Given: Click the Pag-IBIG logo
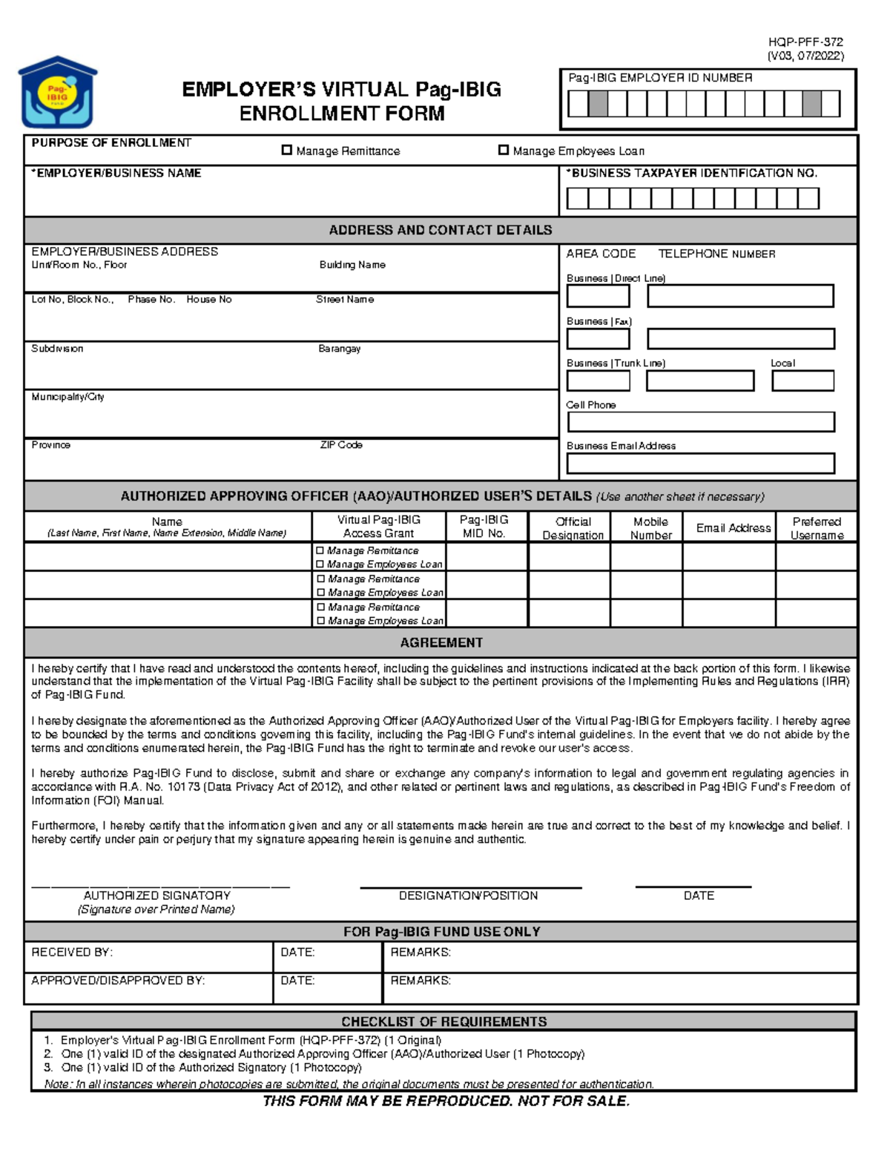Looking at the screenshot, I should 58,93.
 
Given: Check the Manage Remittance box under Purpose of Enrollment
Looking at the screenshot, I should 287,151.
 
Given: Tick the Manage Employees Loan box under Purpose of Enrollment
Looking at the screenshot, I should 504,151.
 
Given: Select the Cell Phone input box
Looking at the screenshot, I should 701,422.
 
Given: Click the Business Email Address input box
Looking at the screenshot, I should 701,464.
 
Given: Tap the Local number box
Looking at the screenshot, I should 802,381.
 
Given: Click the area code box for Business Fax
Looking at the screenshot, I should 598,339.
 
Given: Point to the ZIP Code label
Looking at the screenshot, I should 341,445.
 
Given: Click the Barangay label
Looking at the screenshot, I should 340,349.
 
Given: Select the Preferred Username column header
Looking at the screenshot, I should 817,528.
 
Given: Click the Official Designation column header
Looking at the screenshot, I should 573,528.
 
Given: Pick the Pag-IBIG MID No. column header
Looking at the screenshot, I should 484,527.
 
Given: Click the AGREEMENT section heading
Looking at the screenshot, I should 441,642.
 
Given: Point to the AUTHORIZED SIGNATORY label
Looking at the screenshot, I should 156,895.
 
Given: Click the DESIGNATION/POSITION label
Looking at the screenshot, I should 468,895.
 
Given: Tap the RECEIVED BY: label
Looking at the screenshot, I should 72,952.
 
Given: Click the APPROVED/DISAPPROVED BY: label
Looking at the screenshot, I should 118,980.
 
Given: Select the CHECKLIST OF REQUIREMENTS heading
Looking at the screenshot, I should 444,1021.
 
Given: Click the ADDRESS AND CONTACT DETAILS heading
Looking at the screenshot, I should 441,230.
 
